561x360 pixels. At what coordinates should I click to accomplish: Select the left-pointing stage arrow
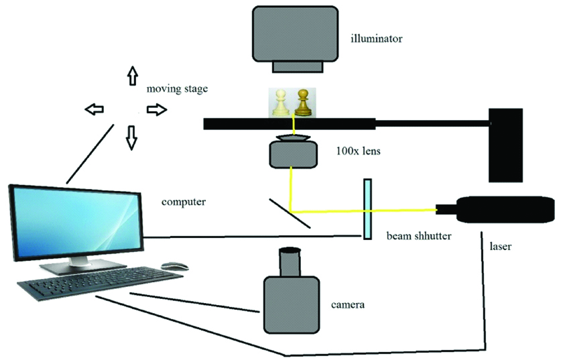[95, 109]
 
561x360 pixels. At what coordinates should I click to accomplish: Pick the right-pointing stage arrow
[156, 109]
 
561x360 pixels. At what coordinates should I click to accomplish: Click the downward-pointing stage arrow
[131, 137]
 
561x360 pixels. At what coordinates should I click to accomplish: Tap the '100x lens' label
[358, 152]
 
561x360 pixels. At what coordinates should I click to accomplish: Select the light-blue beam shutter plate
[368, 208]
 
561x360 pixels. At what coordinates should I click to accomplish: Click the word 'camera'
[348, 306]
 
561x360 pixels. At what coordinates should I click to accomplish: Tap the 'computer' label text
[183, 200]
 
